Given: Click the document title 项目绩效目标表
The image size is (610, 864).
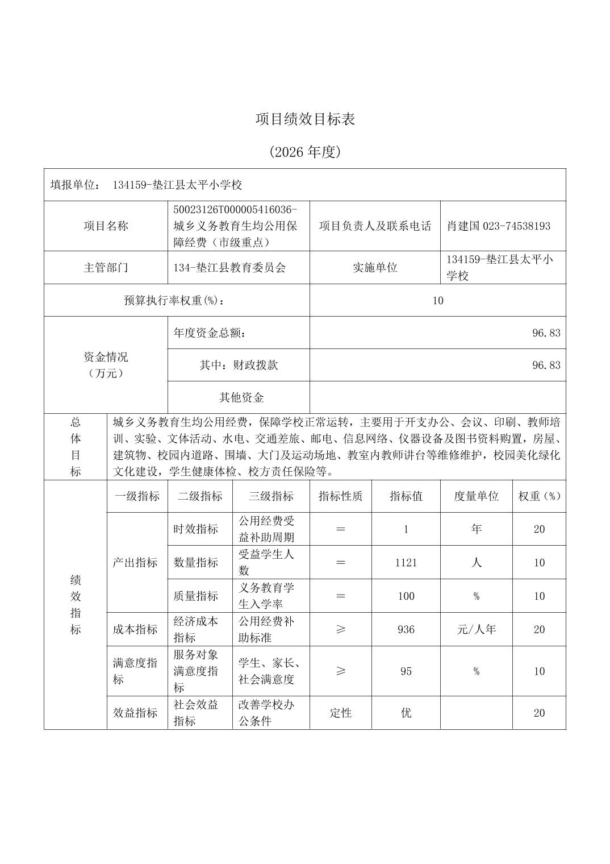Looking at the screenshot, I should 305,119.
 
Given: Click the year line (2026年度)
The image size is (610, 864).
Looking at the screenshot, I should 305,152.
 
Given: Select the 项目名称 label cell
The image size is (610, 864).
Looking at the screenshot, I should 106,226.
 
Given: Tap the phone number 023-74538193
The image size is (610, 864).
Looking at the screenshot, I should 516,226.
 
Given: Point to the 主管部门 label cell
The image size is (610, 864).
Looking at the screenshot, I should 106,267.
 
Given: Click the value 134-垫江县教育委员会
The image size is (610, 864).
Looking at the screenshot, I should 229,267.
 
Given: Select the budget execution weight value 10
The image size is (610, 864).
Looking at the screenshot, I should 437,300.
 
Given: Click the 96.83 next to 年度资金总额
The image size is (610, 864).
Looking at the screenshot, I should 546,333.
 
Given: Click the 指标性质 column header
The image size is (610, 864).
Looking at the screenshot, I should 340,496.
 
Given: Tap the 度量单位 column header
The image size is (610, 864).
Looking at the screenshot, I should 476,496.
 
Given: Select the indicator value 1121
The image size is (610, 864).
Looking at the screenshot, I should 406,562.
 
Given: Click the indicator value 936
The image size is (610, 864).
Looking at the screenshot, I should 406,629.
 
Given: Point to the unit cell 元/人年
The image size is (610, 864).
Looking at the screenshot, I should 476,629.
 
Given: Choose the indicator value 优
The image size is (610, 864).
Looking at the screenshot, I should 406,713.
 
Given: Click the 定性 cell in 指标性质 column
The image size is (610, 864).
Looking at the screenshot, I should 340,713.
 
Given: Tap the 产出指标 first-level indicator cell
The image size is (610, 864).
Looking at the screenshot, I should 135,562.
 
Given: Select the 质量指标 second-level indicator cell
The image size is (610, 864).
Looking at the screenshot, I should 196,596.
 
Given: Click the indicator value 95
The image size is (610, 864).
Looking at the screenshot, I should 406,671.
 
